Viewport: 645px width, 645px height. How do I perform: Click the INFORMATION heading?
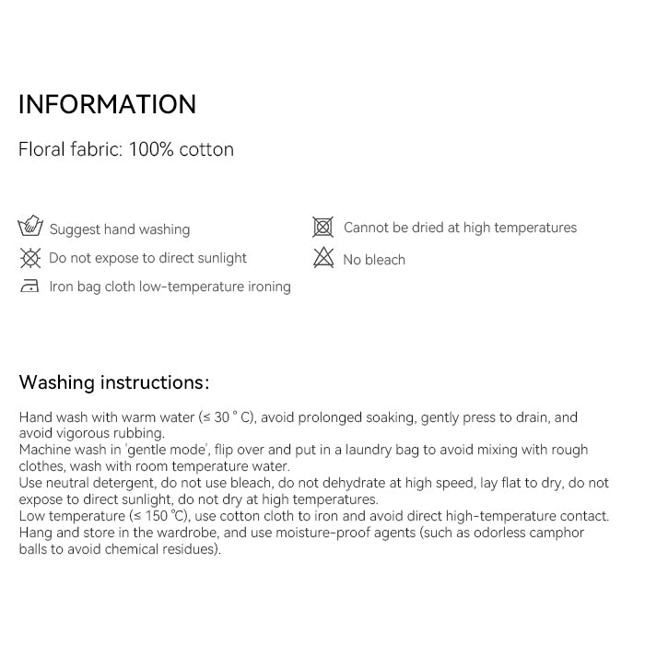click(107, 104)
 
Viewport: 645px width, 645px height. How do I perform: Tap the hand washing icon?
click(30, 226)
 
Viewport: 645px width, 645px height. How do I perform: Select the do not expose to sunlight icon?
click(30, 258)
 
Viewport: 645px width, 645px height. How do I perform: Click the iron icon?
click(30, 287)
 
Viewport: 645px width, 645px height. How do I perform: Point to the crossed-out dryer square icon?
click(322, 227)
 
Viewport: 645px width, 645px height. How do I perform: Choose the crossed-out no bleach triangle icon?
click(323, 258)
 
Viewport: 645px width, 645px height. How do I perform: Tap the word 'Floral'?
click(41, 149)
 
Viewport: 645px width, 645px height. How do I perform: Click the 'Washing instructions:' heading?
click(113, 382)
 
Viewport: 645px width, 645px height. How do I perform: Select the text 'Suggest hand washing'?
click(120, 229)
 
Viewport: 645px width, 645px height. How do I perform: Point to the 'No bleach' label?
click(374, 260)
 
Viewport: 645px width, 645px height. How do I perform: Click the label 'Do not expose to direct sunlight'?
click(147, 258)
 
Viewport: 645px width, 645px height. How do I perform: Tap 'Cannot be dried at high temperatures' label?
click(460, 228)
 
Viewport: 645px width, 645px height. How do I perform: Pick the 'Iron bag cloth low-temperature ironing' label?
click(170, 287)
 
